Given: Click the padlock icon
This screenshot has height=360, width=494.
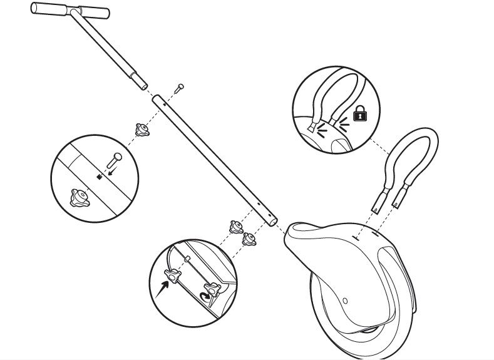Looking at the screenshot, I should coord(359,113).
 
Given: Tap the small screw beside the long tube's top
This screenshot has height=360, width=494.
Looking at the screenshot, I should coord(180,86).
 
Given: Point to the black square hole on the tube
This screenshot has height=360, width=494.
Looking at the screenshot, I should coord(99,177).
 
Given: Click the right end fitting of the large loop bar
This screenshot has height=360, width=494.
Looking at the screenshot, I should coord(398,202).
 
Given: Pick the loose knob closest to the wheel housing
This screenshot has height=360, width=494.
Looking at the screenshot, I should coord(250,239).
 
